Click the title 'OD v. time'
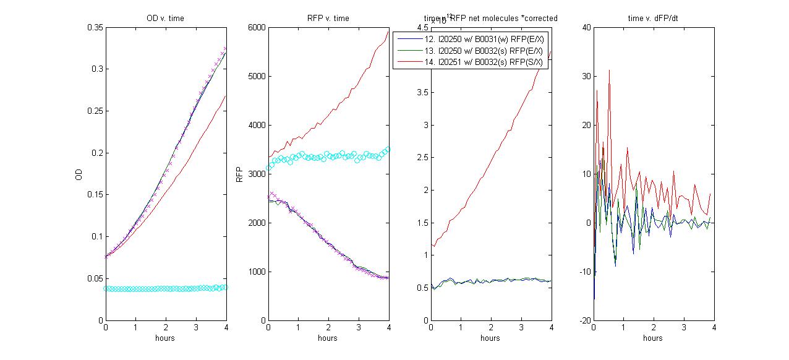point(165,19)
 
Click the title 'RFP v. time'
point(328,19)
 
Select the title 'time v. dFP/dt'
point(653,19)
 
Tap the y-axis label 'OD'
point(78,174)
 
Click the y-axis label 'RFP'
point(240,174)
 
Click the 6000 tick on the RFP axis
point(257,27)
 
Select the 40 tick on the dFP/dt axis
point(582,27)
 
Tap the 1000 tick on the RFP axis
point(257,272)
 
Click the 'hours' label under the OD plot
point(165,338)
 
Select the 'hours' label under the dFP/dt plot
point(653,338)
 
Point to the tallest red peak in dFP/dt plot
point(609,71)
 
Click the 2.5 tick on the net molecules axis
point(422,157)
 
